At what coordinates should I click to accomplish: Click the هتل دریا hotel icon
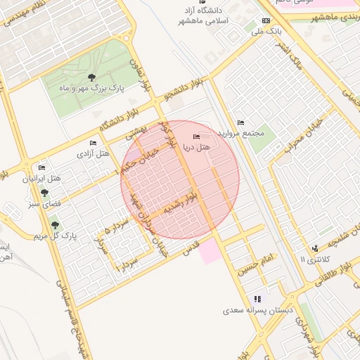coord(196,136)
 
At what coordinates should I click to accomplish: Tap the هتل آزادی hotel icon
coord(93,143)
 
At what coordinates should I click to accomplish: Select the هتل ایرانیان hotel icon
coord(41,168)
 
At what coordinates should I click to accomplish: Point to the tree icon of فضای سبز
coord(45,193)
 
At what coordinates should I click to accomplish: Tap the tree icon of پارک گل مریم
coord(55,225)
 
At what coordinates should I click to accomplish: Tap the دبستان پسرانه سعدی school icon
coord(258,298)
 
